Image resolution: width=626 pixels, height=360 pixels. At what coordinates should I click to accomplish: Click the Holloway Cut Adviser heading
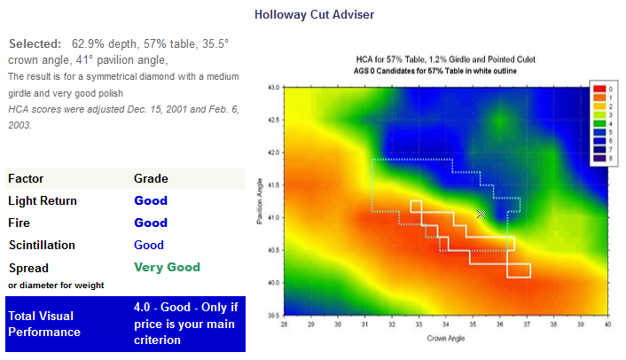314,15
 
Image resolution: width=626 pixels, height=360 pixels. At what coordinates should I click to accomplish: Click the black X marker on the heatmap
481,214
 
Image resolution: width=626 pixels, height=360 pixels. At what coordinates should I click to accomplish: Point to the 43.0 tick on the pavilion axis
275,87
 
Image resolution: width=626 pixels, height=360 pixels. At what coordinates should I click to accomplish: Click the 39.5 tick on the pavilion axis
275,316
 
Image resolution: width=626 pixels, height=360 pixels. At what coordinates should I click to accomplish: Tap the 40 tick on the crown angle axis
607,325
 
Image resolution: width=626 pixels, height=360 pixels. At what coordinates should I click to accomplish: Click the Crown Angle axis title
445,339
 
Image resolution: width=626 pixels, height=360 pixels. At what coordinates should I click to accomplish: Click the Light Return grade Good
151,200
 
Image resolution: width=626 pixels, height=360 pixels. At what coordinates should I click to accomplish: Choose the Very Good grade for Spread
167,267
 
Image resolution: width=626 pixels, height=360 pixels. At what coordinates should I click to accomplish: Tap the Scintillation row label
42,245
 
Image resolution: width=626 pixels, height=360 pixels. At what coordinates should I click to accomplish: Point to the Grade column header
151,178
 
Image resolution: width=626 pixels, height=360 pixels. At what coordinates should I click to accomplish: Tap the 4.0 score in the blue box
142,307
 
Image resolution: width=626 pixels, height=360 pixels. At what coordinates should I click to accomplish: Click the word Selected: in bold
35,43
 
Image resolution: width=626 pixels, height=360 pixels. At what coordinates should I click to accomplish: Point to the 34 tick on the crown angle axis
445,325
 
